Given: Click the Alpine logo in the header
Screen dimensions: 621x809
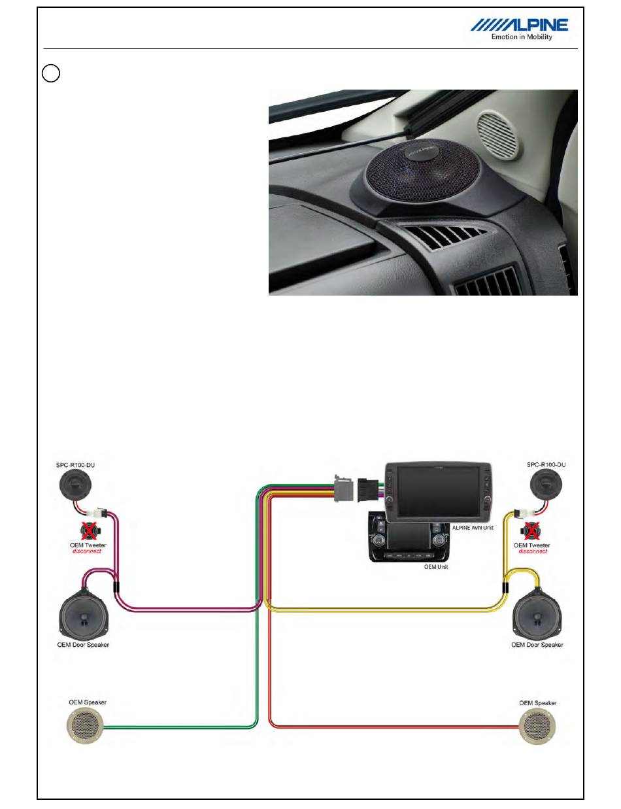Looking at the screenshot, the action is pyautogui.click(x=520, y=25).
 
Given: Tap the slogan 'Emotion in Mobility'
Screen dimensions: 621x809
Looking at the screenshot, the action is pyautogui.click(x=522, y=37).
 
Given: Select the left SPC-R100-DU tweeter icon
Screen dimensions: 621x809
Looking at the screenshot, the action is pyautogui.click(x=75, y=486).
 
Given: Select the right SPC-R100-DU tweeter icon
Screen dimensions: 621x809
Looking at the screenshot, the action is pyautogui.click(x=545, y=486).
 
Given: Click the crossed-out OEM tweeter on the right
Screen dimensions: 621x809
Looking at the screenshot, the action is pyautogui.click(x=530, y=530).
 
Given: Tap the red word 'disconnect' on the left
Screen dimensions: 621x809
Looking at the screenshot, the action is pyautogui.click(x=86, y=551).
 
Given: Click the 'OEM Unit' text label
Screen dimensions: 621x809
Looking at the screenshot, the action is pyautogui.click(x=436, y=567).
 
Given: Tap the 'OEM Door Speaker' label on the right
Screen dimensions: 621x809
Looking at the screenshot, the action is pyautogui.click(x=537, y=644).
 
